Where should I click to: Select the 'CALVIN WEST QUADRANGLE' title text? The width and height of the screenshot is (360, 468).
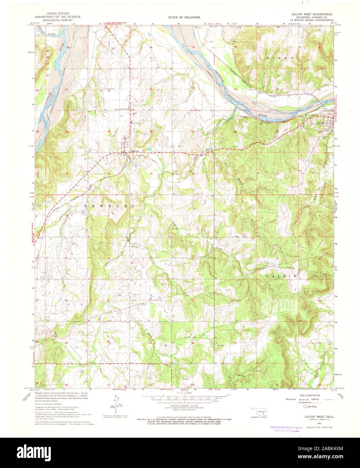(312, 14)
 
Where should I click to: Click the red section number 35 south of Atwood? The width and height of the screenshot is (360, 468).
(151, 174)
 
